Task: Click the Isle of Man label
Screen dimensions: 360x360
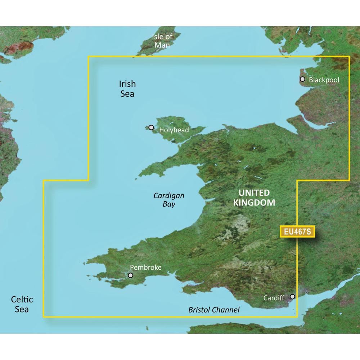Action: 162,41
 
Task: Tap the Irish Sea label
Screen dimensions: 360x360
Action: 127,89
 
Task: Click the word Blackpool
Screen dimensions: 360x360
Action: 324,80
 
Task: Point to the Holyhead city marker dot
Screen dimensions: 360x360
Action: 151,127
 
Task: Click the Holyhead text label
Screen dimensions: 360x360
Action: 174,130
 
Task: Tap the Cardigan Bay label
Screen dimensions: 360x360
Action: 169,200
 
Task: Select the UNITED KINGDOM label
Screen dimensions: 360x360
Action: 254,197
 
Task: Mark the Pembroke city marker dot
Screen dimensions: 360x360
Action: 130,275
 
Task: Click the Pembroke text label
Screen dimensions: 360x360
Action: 145,267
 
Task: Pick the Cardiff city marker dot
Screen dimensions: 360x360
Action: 293,297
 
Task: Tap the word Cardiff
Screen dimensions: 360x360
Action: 274,298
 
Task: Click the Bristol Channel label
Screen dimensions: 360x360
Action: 214,310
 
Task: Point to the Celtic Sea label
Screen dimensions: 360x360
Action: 22,304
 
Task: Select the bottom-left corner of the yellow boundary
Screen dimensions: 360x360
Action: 44,317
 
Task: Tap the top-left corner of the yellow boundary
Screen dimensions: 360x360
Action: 89,57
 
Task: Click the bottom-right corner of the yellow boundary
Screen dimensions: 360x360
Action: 297,317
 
